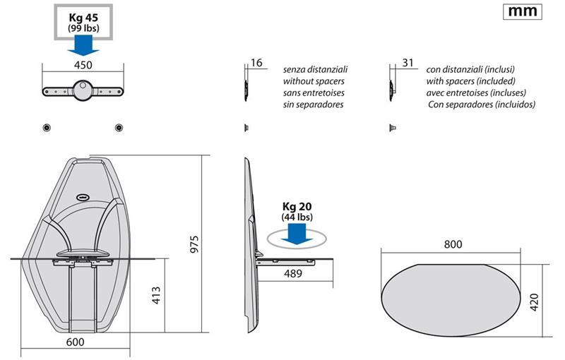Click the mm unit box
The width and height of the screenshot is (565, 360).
click(x=524, y=12)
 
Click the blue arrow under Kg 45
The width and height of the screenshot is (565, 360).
click(x=83, y=44)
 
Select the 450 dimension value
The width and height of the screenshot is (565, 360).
click(x=83, y=65)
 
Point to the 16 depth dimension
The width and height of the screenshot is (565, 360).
click(x=256, y=63)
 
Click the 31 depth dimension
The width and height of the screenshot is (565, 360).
click(x=408, y=63)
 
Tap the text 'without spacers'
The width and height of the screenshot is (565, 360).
click(x=313, y=81)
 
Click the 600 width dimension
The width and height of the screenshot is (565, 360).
click(x=75, y=342)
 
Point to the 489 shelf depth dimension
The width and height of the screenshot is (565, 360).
click(x=293, y=272)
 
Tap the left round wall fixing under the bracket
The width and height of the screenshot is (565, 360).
click(x=46, y=127)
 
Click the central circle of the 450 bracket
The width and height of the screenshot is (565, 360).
click(x=83, y=89)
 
